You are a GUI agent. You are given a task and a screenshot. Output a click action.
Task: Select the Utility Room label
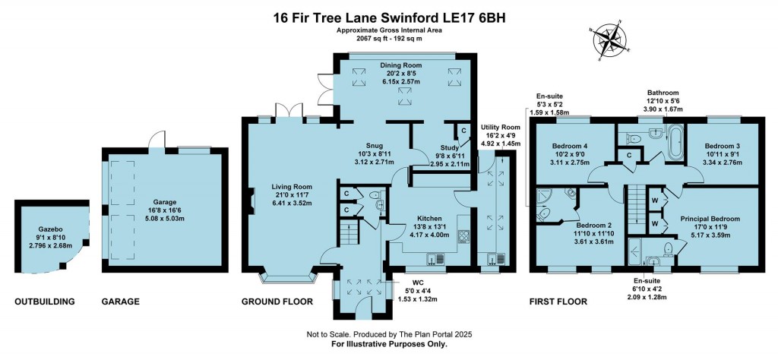[500, 128]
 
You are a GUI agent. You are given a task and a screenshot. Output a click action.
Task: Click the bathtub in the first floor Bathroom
[674, 142]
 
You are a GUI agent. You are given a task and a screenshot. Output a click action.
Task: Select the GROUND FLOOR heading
[277, 302]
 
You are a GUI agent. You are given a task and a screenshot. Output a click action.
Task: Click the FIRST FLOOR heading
[558, 302]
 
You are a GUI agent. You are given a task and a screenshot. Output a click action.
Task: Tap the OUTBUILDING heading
[45, 302]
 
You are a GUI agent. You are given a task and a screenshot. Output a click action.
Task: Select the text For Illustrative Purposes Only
[389, 344]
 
